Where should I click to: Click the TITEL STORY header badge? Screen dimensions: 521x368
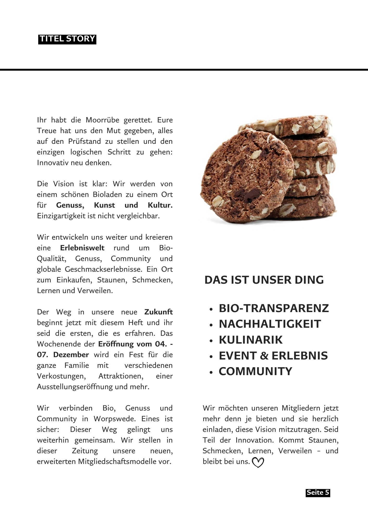[x=67, y=39]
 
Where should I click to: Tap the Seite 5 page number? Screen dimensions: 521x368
[x=318, y=493]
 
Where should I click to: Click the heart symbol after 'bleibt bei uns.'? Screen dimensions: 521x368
[x=258, y=462]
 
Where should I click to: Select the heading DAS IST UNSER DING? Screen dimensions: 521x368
[x=264, y=280]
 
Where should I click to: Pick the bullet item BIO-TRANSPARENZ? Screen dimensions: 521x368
[x=274, y=308]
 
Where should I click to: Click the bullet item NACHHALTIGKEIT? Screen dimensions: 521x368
[x=270, y=324]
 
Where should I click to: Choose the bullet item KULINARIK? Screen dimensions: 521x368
[x=250, y=340]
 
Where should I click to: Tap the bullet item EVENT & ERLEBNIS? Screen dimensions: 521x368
[x=273, y=356]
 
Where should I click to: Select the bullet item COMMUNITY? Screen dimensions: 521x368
[x=255, y=371]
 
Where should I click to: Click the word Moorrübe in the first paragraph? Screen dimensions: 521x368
[x=102, y=120]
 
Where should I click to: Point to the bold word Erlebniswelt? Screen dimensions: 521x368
[x=82, y=248]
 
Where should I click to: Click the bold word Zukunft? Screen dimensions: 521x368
[x=158, y=312]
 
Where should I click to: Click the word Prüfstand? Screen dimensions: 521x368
[x=85, y=141]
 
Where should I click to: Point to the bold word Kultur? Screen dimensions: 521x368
[x=160, y=205]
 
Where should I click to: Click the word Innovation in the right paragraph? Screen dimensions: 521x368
[x=255, y=440]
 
